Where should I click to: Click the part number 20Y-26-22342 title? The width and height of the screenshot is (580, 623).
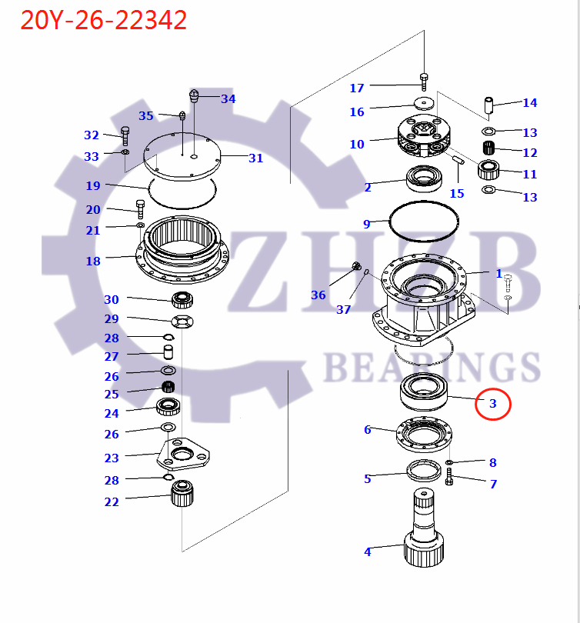(x=104, y=21)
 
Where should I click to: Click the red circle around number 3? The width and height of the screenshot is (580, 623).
(x=492, y=403)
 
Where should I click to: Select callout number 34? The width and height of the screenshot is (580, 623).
(x=228, y=98)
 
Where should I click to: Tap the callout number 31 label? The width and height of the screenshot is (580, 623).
(x=255, y=158)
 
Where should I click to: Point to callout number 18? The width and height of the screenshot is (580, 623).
(x=93, y=262)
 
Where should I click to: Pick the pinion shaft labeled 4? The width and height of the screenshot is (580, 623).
(x=425, y=531)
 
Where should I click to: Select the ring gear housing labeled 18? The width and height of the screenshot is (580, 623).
(x=183, y=250)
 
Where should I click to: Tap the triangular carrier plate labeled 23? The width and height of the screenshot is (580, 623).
(x=182, y=455)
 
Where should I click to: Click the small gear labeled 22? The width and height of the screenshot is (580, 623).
(x=182, y=495)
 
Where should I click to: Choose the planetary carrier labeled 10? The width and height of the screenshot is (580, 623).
(x=423, y=138)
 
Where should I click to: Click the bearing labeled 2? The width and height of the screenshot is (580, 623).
(x=422, y=180)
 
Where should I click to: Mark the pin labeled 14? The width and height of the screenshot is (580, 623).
(x=488, y=103)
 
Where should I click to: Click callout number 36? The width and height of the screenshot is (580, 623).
(x=318, y=295)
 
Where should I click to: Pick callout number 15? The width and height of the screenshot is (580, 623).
(x=457, y=193)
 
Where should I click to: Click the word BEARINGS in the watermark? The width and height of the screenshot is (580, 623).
(x=431, y=367)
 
